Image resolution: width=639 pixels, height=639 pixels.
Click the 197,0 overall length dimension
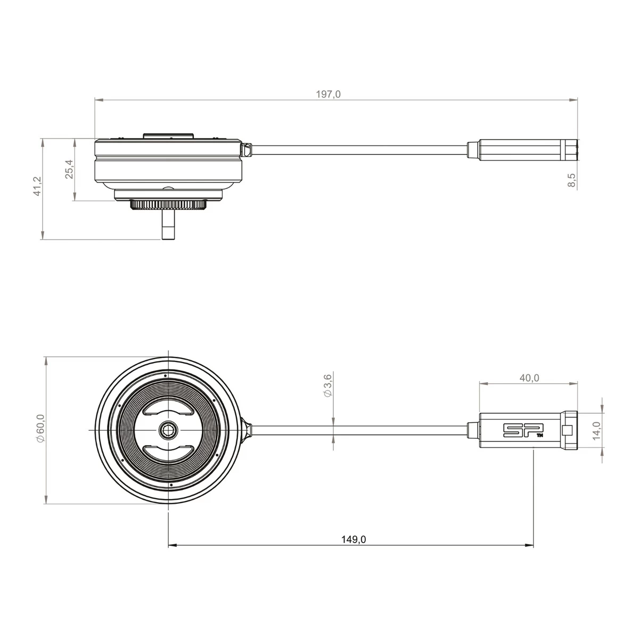click(328, 94)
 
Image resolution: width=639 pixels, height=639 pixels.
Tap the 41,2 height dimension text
click(37, 186)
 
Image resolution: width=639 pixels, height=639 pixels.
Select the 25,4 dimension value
click(69, 169)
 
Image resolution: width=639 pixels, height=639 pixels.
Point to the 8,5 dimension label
click(572, 180)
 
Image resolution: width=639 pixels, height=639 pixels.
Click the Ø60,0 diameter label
click(40, 428)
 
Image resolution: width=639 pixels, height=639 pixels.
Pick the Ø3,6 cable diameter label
click(327, 386)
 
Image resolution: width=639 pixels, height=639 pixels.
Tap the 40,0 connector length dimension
click(529, 378)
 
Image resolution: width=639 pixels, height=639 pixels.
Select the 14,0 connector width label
click(596, 431)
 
